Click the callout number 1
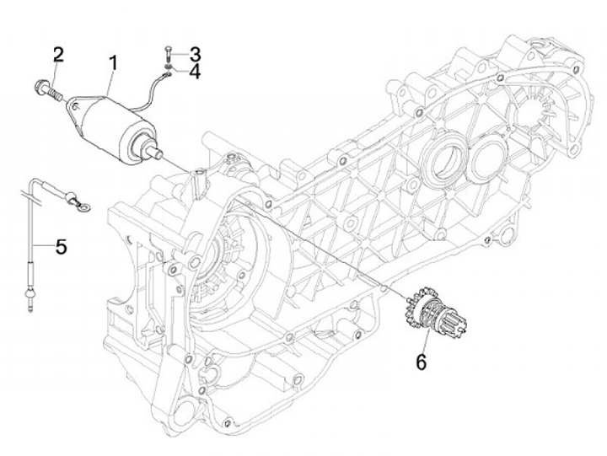pos(113,63)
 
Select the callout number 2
pos(58,55)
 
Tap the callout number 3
pos(195,54)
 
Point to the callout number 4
pos(195,72)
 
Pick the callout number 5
pos(62,247)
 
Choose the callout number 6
pos(422,362)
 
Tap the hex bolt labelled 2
pos(48,90)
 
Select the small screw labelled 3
pos(168,55)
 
